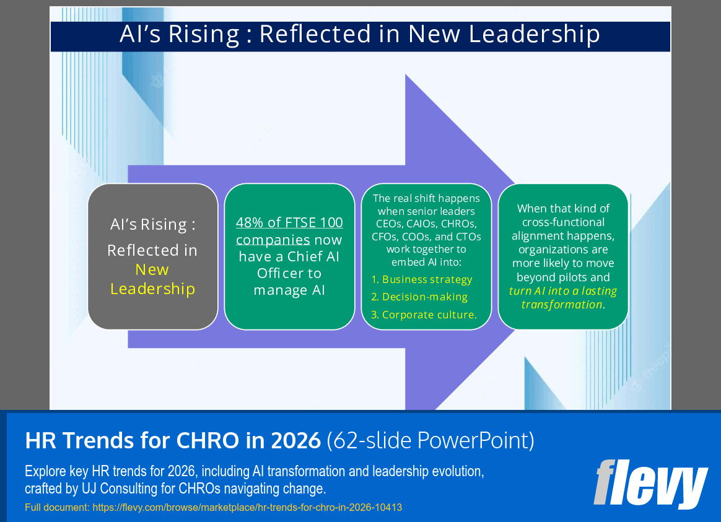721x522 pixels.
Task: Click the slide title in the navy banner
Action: point(360,35)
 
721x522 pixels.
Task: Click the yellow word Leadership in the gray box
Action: point(152,289)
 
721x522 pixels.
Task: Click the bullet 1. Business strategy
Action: point(421,279)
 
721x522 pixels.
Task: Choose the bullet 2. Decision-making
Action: point(419,297)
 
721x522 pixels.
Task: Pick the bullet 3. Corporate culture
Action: point(424,315)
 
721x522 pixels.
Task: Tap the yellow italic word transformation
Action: point(561,304)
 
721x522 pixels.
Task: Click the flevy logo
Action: point(650,484)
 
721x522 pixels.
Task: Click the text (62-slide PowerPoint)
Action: point(430,440)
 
